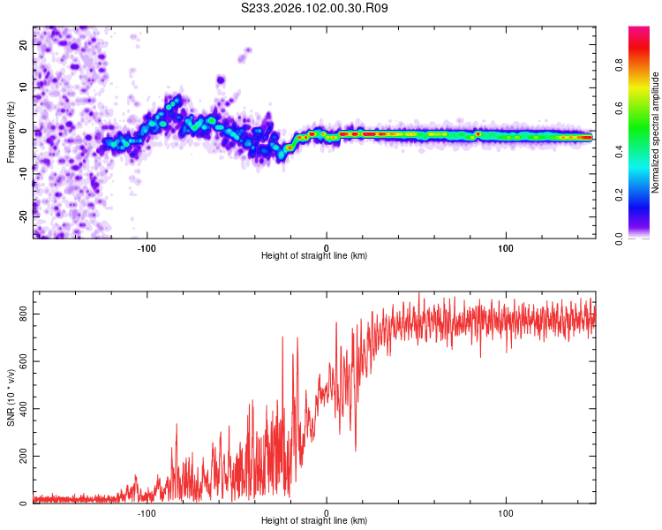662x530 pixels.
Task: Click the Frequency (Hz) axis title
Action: click(x=11, y=132)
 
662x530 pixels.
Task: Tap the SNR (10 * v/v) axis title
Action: click(x=11, y=397)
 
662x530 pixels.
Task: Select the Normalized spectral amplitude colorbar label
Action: click(x=655, y=132)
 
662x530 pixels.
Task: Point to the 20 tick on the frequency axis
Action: click(x=23, y=46)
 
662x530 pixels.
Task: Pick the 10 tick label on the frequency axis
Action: click(x=23, y=88)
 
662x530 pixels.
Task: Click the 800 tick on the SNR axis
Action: click(x=23, y=314)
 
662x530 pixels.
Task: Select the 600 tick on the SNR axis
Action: click(x=23, y=361)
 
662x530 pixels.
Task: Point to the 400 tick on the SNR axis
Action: click(x=23, y=409)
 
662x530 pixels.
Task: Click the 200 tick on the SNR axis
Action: click(x=23, y=456)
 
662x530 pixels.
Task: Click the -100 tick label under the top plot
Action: click(x=147, y=246)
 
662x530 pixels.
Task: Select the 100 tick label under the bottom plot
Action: click(x=507, y=512)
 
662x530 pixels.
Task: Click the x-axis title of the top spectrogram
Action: click(x=314, y=255)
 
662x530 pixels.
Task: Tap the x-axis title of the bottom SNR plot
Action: click(x=314, y=521)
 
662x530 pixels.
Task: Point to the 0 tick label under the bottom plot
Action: click(x=327, y=512)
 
